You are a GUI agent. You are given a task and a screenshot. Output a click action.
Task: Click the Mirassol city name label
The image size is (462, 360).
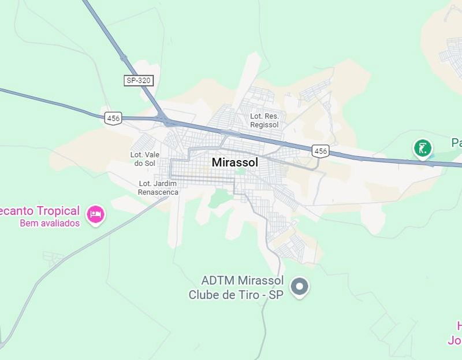pyautogui.click(x=234, y=162)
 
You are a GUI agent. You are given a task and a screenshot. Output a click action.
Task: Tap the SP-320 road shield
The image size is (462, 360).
pyautogui.click(x=139, y=80)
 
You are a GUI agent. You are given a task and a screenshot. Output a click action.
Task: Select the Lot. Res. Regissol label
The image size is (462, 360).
pyautogui.click(x=264, y=120)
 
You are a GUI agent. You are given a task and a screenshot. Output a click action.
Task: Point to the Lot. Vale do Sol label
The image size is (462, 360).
pyautogui.click(x=144, y=159)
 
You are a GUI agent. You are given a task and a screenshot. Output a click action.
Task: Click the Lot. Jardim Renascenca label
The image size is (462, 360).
pyautogui.click(x=158, y=188)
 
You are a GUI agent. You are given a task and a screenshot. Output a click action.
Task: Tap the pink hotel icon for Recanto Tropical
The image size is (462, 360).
pyautogui.click(x=95, y=215)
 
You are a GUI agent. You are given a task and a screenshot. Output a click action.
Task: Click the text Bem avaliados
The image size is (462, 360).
pyautogui.click(x=50, y=223)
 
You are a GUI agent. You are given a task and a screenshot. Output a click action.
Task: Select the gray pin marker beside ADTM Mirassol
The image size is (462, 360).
pyautogui.click(x=299, y=286)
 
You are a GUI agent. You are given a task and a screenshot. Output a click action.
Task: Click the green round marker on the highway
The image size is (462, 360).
pyautogui.click(x=423, y=148)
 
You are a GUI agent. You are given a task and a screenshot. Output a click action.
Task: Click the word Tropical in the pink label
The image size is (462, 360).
pyautogui.click(x=55, y=210)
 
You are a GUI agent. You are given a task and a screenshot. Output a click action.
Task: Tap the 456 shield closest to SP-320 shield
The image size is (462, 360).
pyautogui.click(x=113, y=118)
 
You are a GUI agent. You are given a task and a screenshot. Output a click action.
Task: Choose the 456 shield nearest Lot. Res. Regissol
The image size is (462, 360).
pyautogui.click(x=320, y=151)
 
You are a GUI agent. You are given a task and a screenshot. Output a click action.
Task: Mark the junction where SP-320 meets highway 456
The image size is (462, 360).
pyautogui.click(x=166, y=120)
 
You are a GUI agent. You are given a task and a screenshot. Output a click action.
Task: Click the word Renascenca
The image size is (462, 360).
pyautogui.click(x=158, y=192)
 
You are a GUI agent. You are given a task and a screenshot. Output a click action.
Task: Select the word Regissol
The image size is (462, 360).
pyautogui.click(x=265, y=124)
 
